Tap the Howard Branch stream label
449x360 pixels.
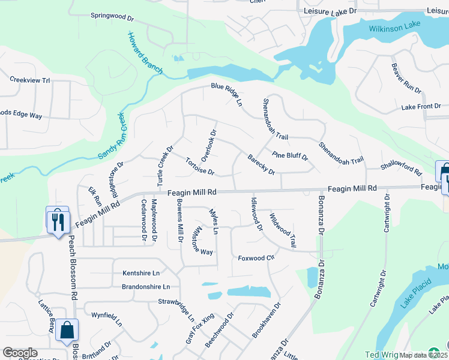click(x=144, y=53)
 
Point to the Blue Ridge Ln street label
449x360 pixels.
click(x=226, y=95)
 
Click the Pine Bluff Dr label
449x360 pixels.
click(x=289, y=157)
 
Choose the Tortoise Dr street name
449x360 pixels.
click(x=200, y=167)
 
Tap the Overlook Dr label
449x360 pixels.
click(x=208, y=145)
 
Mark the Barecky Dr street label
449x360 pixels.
click(x=261, y=164)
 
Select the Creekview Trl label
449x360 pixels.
click(x=29, y=79)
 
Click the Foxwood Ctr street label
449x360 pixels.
click(x=256, y=258)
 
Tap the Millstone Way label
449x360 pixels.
click(x=202, y=241)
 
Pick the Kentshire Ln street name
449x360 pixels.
click(x=142, y=273)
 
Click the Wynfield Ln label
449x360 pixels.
click(x=107, y=319)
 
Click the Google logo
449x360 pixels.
click(x=20, y=352)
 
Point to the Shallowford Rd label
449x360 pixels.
click(x=401, y=168)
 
